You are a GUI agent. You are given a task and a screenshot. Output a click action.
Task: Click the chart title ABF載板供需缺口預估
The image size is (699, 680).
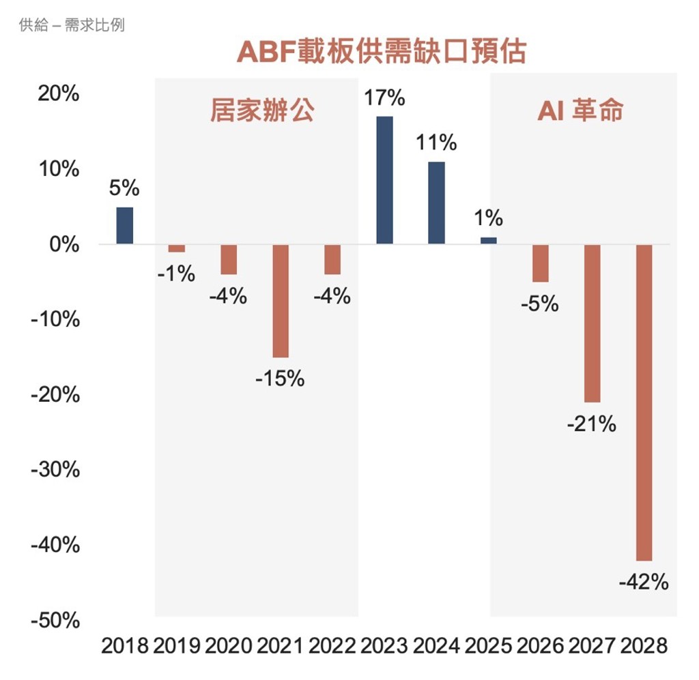click(382, 52)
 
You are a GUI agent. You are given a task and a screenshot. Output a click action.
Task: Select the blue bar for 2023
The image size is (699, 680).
click(385, 180)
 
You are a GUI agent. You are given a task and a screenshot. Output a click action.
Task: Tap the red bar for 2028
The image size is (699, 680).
click(644, 402)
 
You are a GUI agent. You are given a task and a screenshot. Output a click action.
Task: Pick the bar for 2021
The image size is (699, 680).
click(281, 301)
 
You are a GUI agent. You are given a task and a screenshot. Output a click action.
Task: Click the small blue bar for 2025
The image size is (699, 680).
click(489, 241)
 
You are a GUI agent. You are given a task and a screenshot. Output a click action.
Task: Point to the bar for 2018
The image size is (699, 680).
click(125, 225)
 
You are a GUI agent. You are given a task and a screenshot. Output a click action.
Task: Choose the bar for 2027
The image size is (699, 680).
click(593, 323)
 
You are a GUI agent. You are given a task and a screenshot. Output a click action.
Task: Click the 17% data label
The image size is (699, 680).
click(384, 98)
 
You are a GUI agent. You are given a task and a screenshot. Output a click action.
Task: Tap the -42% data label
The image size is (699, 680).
click(644, 582)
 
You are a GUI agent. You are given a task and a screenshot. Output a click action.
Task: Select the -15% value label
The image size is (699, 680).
click(280, 379)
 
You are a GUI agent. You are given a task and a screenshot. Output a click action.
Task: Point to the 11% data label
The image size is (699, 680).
click(436, 143)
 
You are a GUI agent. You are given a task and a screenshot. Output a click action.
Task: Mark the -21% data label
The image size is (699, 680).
click(592, 424)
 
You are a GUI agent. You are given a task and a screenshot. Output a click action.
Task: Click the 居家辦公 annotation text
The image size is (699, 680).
click(262, 110)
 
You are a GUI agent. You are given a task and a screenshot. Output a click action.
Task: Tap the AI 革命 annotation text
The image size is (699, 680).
click(580, 110)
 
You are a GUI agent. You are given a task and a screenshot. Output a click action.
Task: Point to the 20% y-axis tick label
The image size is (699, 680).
click(59, 93)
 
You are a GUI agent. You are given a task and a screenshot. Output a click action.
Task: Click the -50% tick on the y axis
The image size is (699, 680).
click(55, 620)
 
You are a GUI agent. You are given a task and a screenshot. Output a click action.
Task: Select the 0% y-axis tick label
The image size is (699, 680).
click(64, 244)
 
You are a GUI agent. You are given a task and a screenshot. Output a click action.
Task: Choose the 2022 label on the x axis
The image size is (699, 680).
click(332, 646)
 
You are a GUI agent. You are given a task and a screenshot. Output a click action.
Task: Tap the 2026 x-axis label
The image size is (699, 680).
click(540, 646)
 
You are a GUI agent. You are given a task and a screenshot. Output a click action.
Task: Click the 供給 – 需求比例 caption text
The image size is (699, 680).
click(72, 25)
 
